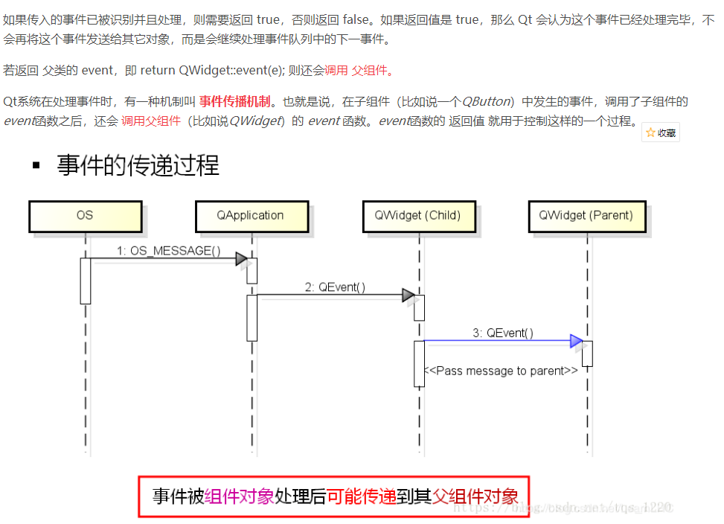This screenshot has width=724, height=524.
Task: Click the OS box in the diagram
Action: (x=85, y=216)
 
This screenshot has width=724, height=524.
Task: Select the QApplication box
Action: (x=251, y=216)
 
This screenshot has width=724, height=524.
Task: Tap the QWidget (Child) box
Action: (x=417, y=216)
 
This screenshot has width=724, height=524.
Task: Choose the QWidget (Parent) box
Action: (x=586, y=216)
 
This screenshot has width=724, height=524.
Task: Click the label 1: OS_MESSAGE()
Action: (x=168, y=251)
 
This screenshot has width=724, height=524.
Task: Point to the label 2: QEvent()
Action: (x=335, y=287)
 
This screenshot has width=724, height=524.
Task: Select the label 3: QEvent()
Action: (x=502, y=333)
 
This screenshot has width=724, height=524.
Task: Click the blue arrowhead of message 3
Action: (x=576, y=341)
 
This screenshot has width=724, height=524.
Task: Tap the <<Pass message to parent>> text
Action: (x=501, y=371)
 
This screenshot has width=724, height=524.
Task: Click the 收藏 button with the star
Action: (x=661, y=132)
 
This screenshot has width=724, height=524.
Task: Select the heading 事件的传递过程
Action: (x=138, y=165)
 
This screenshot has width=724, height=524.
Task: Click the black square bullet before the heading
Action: (x=36, y=165)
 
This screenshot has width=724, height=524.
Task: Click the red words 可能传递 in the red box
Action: (x=362, y=496)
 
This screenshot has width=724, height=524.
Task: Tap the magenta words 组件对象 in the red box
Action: (x=240, y=496)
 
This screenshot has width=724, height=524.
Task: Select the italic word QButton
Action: (x=487, y=101)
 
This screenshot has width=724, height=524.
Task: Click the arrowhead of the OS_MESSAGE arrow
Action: (x=241, y=259)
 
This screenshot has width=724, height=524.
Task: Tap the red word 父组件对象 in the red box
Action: (x=475, y=496)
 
